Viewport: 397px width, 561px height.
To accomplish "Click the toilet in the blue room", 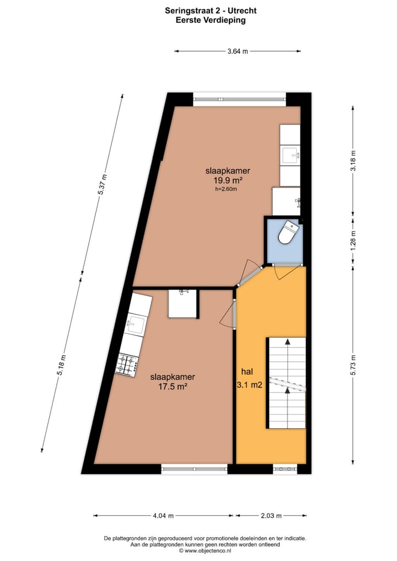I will click(287, 233).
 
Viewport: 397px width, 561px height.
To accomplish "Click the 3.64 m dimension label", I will click(237, 51).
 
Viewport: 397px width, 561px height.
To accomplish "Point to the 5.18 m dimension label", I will click(62, 365).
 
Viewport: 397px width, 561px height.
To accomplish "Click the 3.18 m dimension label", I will click(353, 160).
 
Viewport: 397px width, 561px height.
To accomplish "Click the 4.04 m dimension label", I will click(163, 516).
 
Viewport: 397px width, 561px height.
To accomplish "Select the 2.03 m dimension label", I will click(271, 516).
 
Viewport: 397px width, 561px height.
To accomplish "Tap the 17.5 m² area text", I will click(173, 387).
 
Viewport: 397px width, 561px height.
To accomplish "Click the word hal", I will click(246, 372).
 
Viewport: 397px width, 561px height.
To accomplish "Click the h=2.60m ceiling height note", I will click(226, 189).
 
